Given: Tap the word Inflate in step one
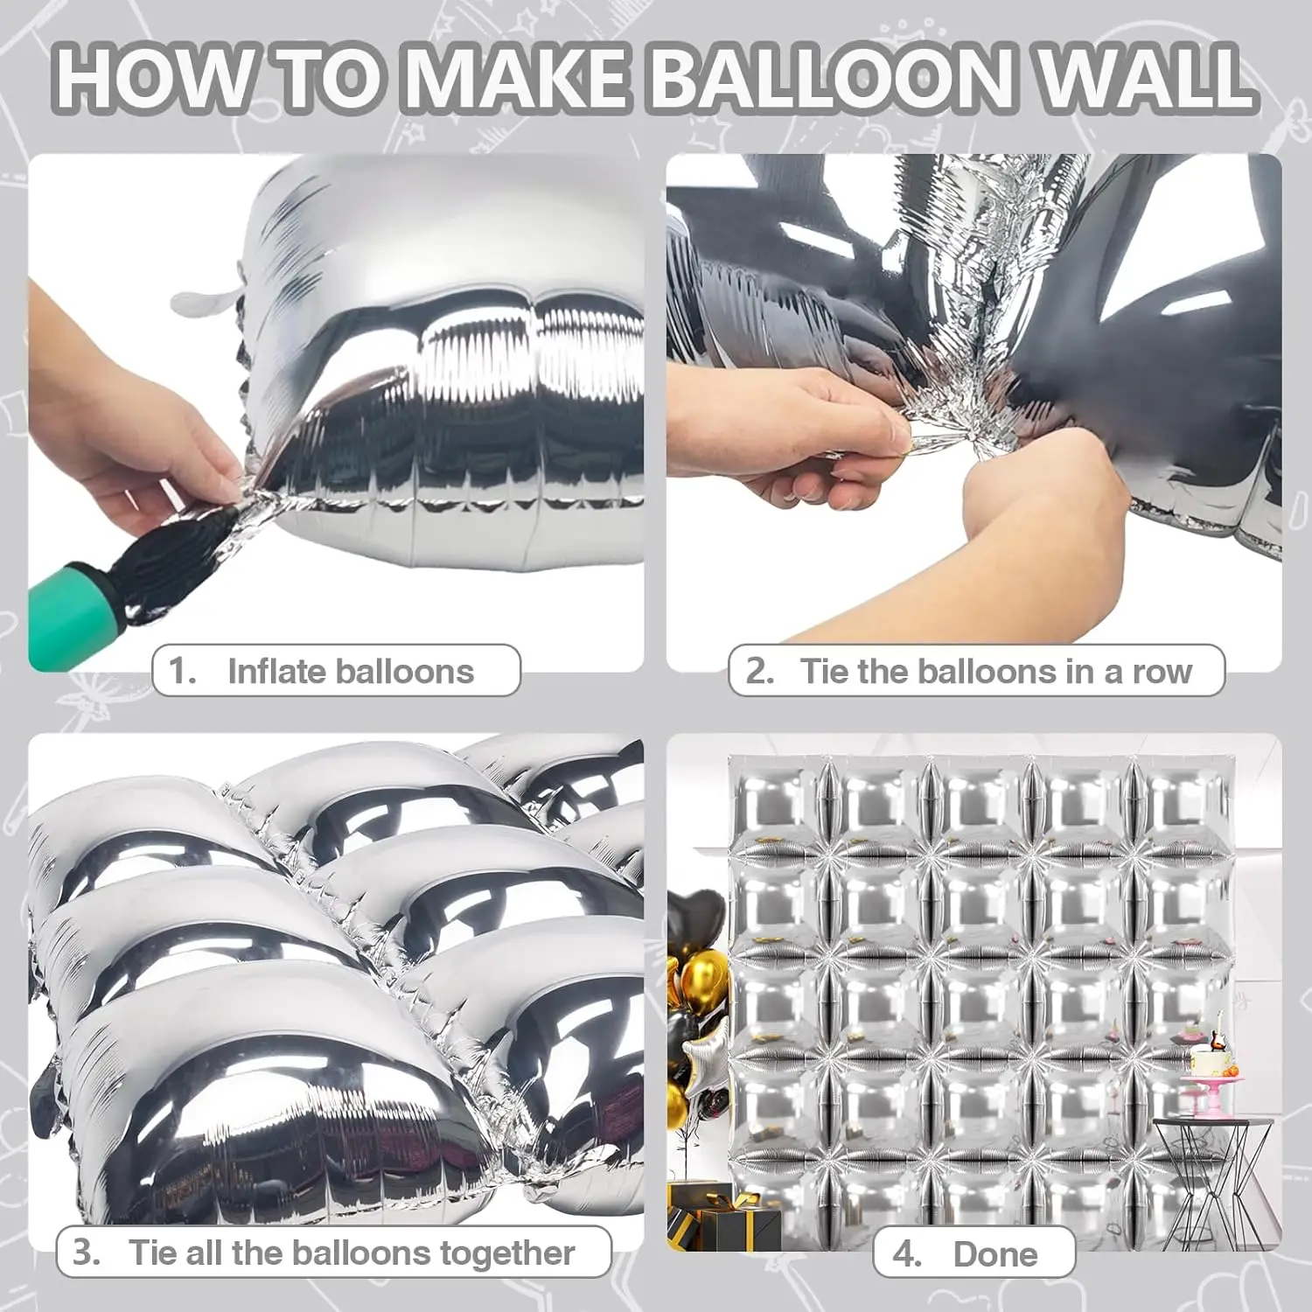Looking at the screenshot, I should click(x=277, y=672).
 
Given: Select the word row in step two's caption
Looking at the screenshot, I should click(x=1162, y=672).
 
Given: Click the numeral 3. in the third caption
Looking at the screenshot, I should click(x=86, y=1253).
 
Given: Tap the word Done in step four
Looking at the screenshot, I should click(x=995, y=1254).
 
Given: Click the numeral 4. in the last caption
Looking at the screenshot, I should click(x=906, y=1254).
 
